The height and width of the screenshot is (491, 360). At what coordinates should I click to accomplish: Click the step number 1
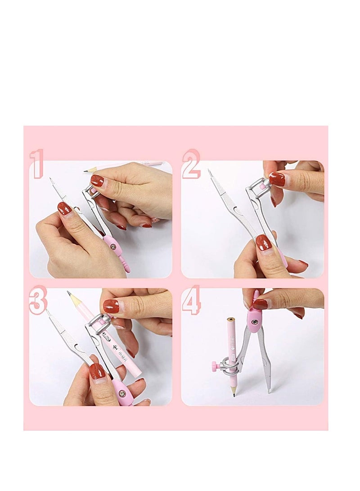[x=36, y=163]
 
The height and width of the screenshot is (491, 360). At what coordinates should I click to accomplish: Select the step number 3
[x=37, y=300]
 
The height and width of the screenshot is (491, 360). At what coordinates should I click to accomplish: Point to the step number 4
[x=191, y=300]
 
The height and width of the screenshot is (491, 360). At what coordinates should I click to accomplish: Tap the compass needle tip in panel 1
[x=50, y=179]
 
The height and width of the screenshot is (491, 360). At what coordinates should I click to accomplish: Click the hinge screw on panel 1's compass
[x=112, y=247]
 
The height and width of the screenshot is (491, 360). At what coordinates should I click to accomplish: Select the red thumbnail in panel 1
[x=64, y=208]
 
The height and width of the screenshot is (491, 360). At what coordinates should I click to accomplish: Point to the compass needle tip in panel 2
[x=209, y=170]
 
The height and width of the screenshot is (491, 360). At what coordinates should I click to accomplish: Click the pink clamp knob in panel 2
[x=262, y=185]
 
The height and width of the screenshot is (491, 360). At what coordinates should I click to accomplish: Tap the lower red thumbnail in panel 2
[x=264, y=242]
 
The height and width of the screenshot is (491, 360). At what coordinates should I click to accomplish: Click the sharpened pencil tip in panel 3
[x=69, y=293]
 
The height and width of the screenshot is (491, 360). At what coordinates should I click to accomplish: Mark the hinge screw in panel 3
[x=122, y=393]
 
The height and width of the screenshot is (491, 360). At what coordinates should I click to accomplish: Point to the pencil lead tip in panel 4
[x=234, y=395]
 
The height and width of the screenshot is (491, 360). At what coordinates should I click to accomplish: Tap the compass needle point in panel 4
[x=270, y=392]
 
